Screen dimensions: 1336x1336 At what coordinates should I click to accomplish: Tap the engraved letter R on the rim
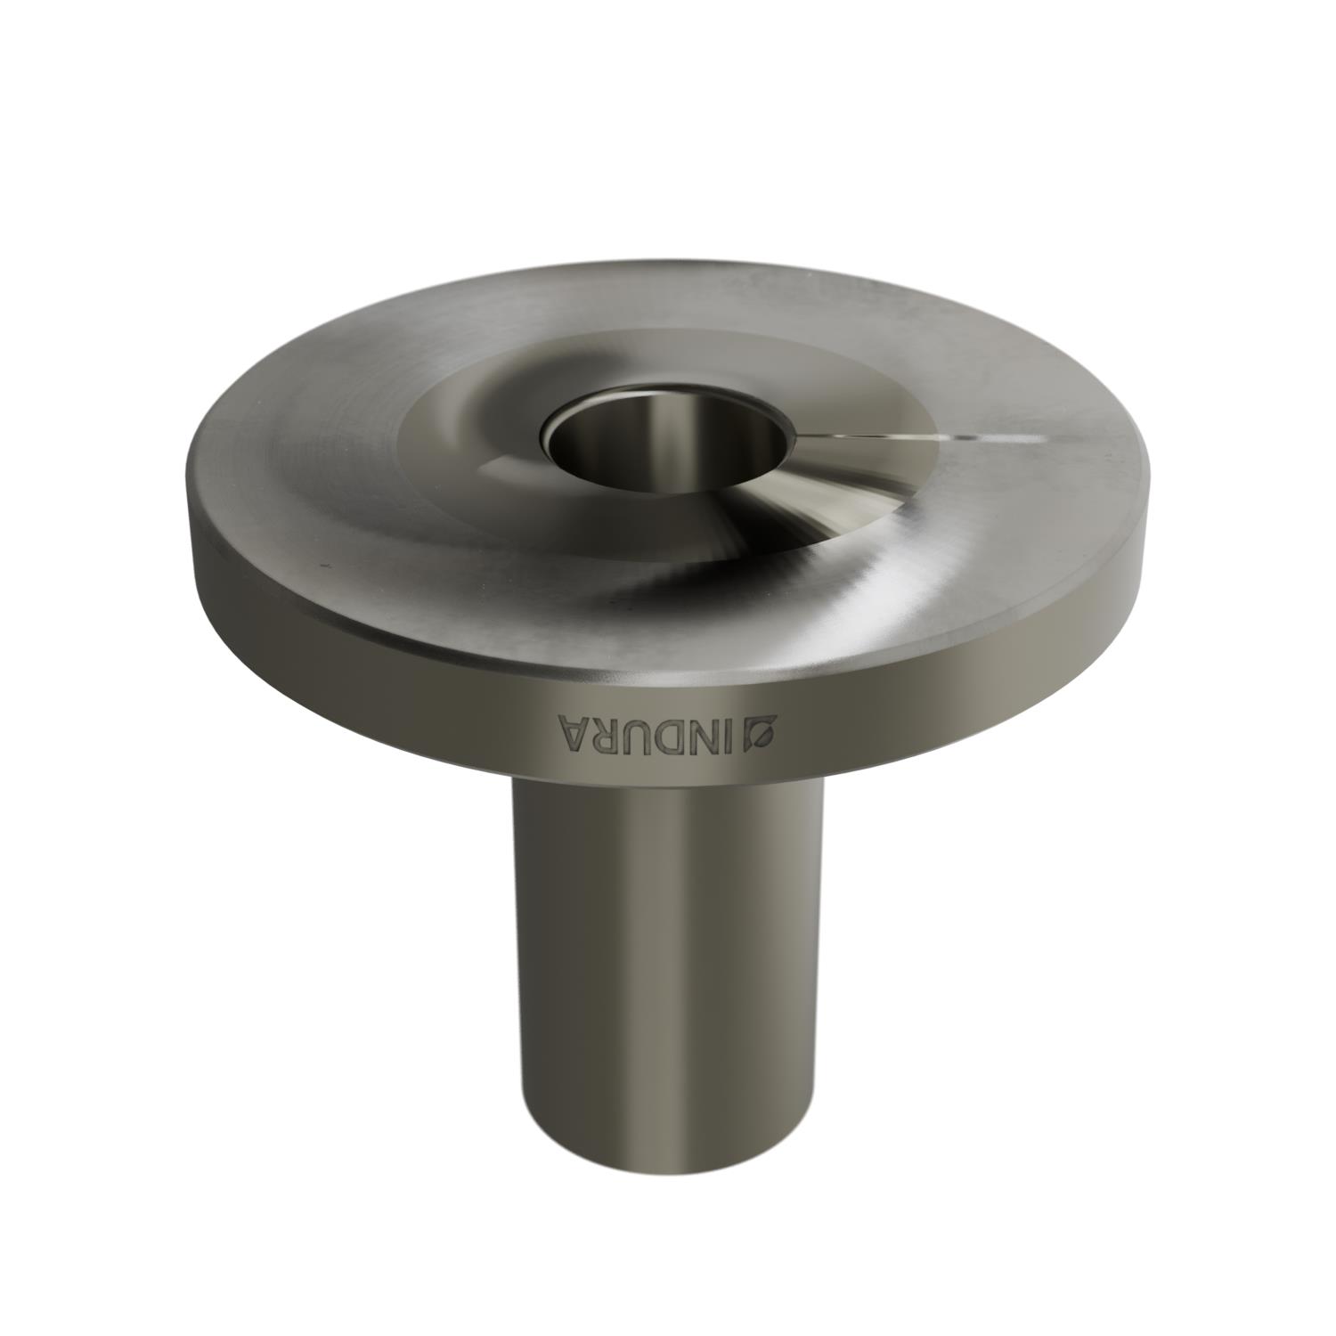click(x=606, y=735)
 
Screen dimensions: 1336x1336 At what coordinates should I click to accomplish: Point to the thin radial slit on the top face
click(x=891, y=436)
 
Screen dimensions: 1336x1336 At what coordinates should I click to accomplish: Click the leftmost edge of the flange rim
click(x=189, y=499)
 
